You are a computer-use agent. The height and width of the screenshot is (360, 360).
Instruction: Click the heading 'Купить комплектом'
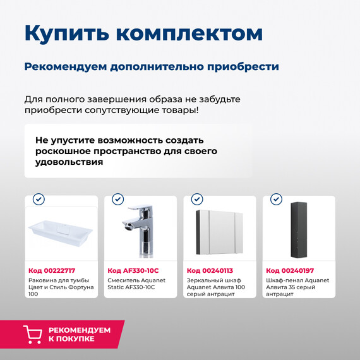point(143,33)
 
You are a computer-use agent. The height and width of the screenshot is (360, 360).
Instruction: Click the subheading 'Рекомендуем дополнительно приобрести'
point(152,66)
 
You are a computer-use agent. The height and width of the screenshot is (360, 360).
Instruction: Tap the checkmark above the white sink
point(39,199)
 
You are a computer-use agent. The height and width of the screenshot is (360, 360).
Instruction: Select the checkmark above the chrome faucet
point(117,199)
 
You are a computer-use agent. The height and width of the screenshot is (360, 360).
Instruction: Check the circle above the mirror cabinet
point(196,199)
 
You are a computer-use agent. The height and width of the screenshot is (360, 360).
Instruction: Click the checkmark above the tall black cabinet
point(276,199)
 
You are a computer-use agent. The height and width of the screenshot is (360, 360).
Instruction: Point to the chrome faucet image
point(140,231)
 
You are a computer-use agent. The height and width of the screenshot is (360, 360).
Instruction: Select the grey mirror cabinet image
point(220,232)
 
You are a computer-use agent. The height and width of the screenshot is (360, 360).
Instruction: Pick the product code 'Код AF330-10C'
point(132,270)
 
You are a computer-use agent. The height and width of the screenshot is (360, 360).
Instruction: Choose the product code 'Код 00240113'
point(210,270)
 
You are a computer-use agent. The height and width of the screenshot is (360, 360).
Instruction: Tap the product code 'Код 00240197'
point(289,270)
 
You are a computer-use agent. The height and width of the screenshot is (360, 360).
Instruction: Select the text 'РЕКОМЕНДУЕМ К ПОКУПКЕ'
point(79,335)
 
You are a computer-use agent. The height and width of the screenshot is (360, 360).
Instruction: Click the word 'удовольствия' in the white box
point(69,162)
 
